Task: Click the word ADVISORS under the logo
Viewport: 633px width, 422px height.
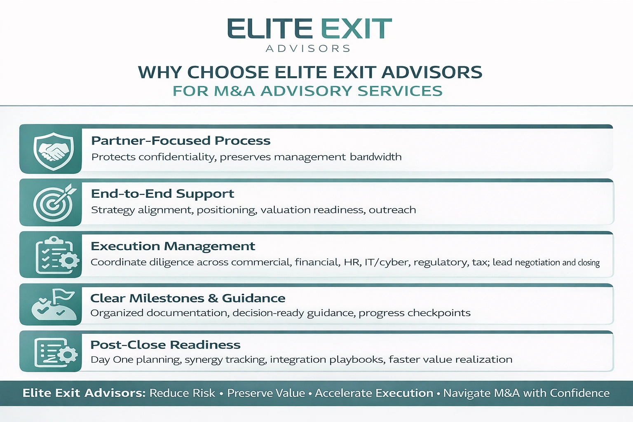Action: click(308, 49)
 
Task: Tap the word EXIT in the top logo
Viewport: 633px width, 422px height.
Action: click(356, 29)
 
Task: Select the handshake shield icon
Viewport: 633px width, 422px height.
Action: click(53, 151)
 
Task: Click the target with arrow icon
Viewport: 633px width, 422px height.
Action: click(53, 203)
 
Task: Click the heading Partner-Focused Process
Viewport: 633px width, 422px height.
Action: click(181, 141)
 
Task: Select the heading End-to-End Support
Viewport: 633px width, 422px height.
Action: click(162, 194)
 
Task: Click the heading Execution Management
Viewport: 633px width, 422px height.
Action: click(173, 246)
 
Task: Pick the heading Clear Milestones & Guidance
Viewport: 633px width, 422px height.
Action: click(188, 298)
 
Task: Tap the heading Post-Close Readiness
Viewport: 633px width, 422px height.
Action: click(165, 345)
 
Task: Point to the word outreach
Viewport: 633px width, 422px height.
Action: click(392, 210)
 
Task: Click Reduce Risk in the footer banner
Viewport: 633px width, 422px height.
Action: click(182, 393)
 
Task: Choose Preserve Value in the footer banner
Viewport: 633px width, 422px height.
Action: click(266, 393)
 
